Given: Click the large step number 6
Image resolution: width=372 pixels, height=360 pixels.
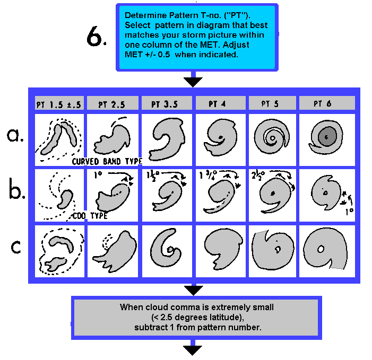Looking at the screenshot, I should (x=99, y=37).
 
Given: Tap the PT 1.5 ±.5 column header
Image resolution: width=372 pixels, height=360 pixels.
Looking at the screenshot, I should (x=58, y=104).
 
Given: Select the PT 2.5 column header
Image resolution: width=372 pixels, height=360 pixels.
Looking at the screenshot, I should (x=112, y=104).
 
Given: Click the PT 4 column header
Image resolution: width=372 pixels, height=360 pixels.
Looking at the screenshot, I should (x=219, y=104).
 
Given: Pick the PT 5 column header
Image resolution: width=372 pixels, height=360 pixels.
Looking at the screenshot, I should (x=272, y=104).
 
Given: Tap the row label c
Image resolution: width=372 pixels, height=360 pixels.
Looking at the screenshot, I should (x=16, y=247).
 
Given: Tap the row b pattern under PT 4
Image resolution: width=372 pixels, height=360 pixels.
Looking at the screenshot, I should (x=219, y=194).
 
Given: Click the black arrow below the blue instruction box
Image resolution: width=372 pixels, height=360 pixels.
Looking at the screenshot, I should (x=193, y=81).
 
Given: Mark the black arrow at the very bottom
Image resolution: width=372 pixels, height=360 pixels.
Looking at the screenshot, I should (x=193, y=349).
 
